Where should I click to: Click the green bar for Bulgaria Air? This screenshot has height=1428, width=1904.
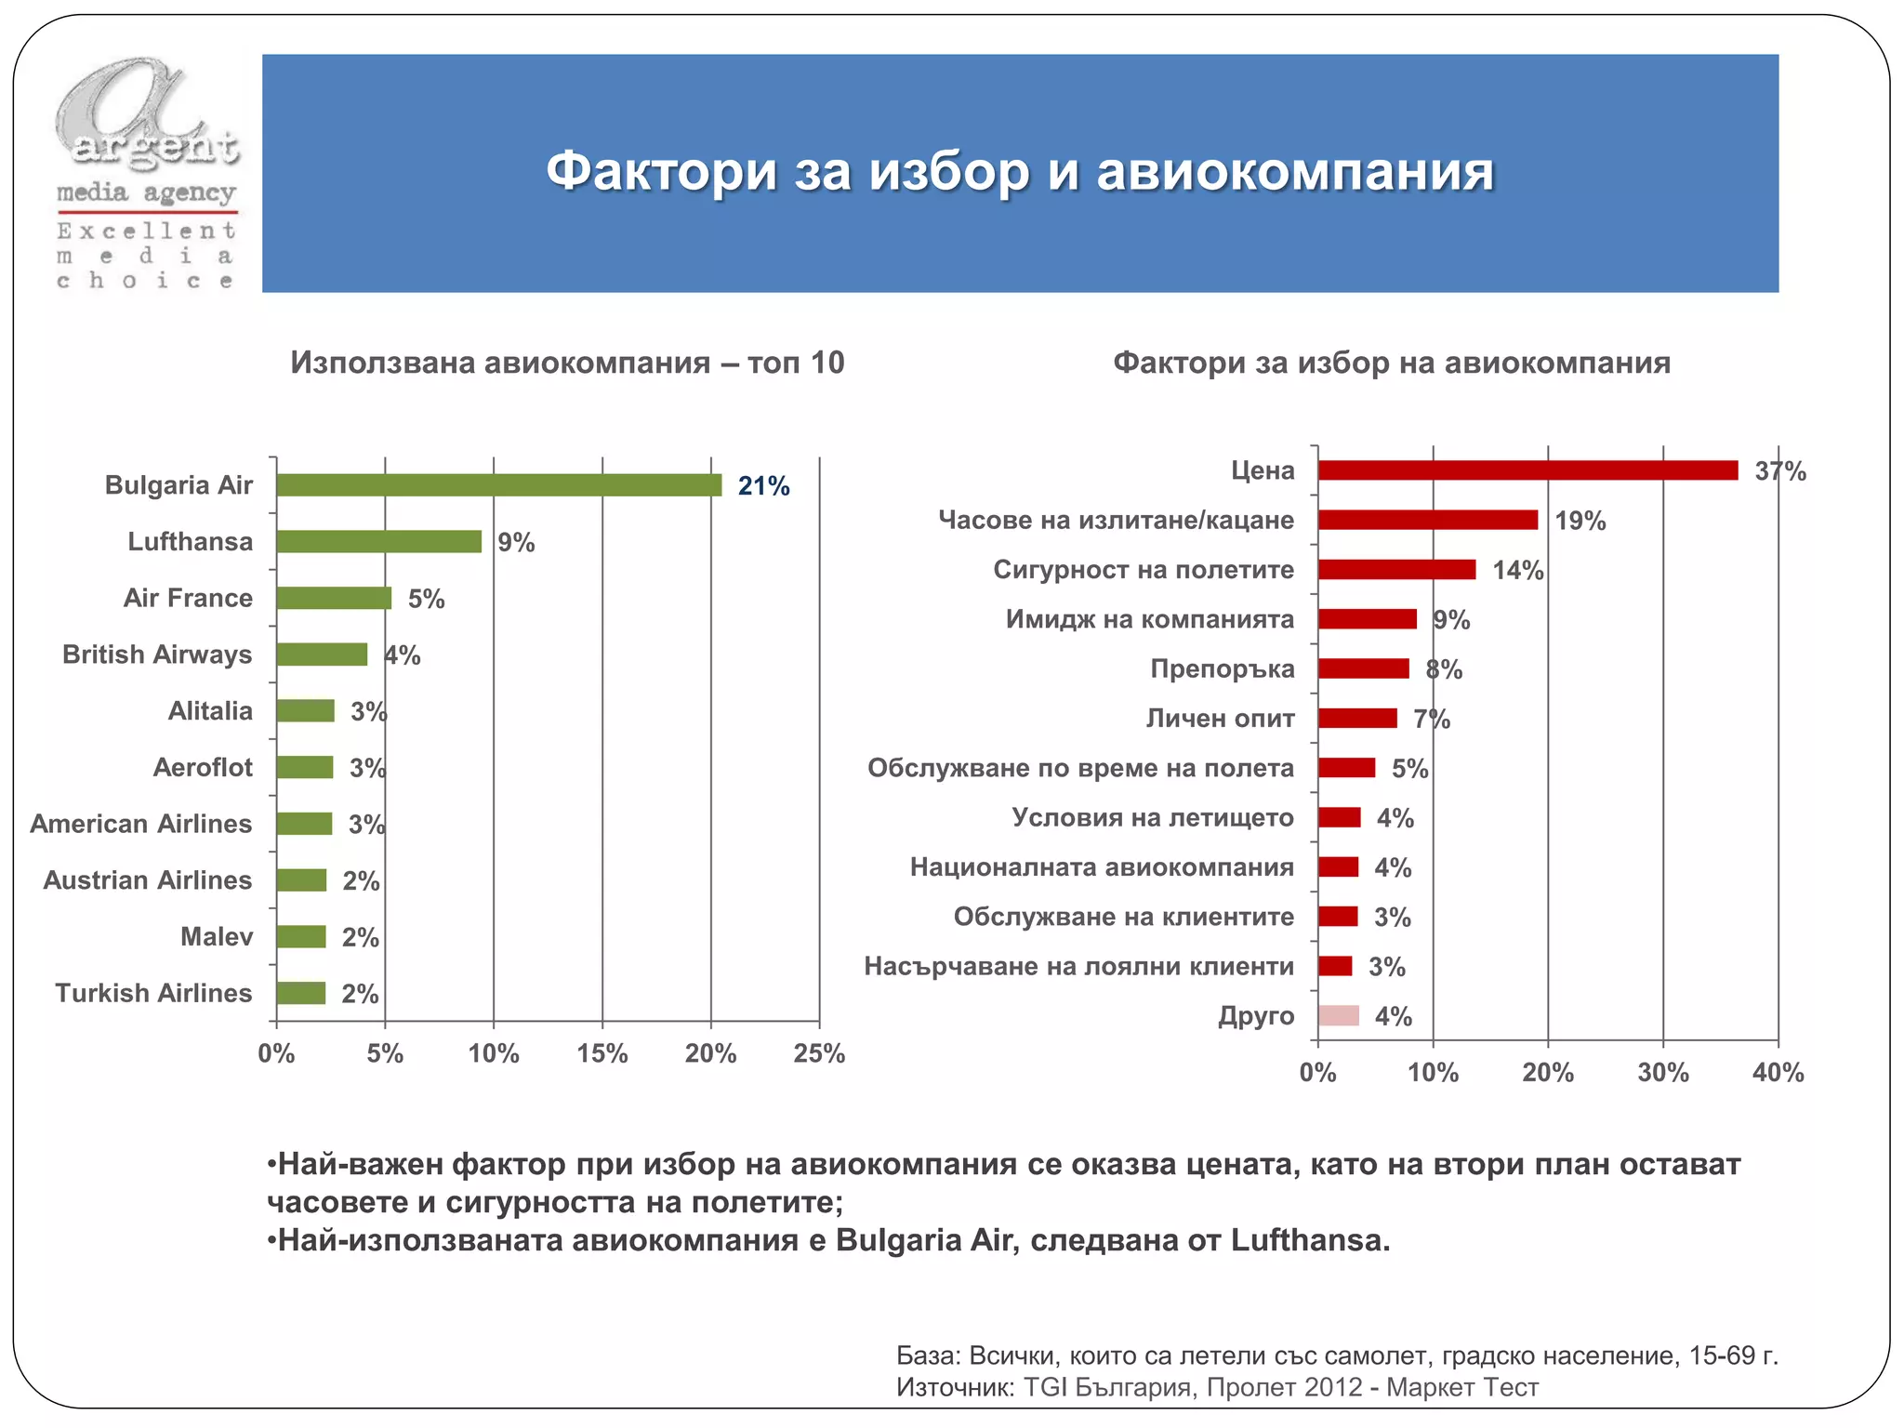coord(498,485)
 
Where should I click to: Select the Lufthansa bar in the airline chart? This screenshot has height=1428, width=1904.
coord(378,542)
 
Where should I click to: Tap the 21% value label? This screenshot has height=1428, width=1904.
coord(763,486)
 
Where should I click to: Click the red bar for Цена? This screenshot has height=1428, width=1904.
coord(1527,470)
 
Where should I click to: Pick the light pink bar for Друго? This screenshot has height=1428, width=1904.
coord(1338,1016)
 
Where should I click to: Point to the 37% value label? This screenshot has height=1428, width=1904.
coord(1779,471)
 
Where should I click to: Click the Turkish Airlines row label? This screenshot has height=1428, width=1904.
coord(153,993)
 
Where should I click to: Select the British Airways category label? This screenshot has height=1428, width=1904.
coord(157,654)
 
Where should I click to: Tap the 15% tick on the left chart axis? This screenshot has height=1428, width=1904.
coord(602,1053)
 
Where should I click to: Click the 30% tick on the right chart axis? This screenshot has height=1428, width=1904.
coord(1662,1073)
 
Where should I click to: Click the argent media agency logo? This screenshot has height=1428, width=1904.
coord(146,174)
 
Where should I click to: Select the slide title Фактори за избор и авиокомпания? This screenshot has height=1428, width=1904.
coord(1020,172)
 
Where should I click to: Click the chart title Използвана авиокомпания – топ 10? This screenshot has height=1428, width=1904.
coord(567,363)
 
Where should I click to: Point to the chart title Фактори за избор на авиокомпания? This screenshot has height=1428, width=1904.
coord(1391,363)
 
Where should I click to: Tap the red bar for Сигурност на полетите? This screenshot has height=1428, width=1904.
coord(1395,570)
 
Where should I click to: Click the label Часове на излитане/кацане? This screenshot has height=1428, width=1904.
coord(1116,520)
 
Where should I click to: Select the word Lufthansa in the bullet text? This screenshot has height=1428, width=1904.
coord(1309,1240)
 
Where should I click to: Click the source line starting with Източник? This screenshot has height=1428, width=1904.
coord(1217,1388)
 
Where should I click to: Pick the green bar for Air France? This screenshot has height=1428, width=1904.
coord(334,599)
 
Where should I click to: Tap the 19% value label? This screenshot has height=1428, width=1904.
coord(1580,521)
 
